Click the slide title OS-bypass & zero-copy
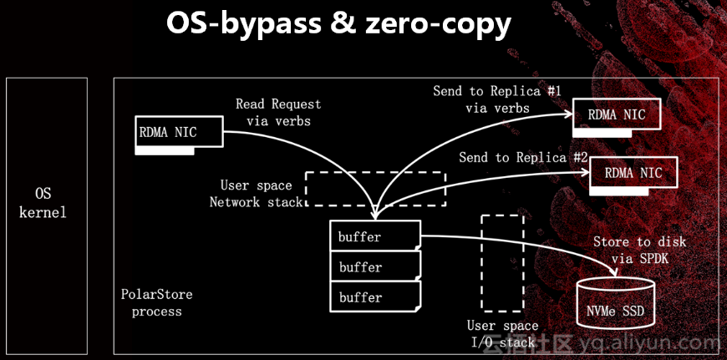(x=338, y=23)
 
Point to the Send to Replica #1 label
(x=498, y=99)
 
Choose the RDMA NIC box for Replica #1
(x=617, y=115)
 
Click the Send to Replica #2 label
(x=523, y=157)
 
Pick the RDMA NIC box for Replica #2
(x=633, y=173)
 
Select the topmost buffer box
(x=374, y=236)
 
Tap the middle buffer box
(x=374, y=267)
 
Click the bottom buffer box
(x=374, y=297)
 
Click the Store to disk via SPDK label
(x=639, y=250)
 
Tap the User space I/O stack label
(x=501, y=334)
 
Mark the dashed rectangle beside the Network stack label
(x=374, y=189)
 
